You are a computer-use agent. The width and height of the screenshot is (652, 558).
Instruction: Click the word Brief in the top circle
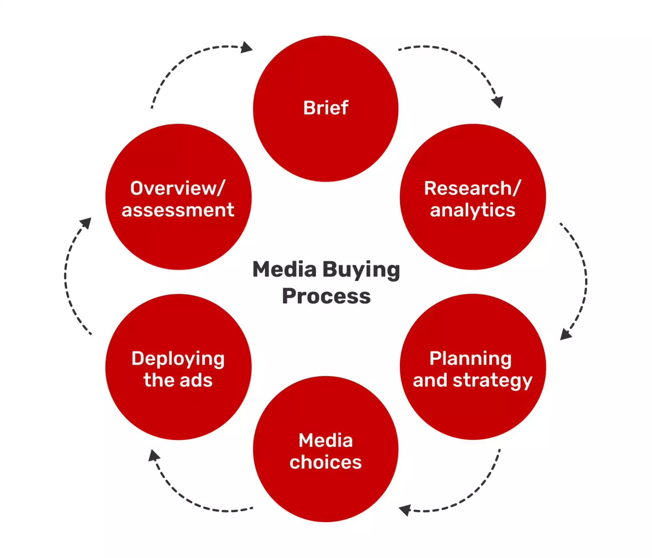click(x=326, y=108)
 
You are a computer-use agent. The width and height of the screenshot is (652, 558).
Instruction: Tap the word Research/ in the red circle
click(x=472, y=188)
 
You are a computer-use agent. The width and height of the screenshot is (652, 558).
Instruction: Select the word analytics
click(x=473, y=210)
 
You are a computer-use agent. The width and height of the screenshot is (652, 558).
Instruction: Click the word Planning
click(x=470, y=359)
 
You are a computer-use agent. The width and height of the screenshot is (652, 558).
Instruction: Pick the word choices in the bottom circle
click(x=326, y=462)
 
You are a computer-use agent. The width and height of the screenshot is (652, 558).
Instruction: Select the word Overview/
click(x=178, y=188)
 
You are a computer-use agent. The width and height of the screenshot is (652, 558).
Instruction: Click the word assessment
click(x=178, y=210)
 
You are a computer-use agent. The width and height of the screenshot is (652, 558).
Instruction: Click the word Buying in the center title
click(x=361, y=270)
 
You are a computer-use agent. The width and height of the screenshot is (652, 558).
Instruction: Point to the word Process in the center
click(x=326, y=296)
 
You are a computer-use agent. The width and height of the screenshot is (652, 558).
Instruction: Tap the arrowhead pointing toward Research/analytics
click(x=497, y=102)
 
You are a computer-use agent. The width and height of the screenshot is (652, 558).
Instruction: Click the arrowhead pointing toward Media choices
click(x=405, y=510)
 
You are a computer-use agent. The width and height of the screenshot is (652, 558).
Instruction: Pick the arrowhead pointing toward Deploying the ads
click(x=154, y=455)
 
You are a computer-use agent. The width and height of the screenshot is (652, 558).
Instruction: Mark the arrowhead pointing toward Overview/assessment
click(x=86, y=223)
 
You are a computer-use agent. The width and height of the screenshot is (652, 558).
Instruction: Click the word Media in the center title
click(x=284, y=270)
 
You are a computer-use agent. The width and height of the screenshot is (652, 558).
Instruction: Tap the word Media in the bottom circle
click(x=326, y=440)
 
